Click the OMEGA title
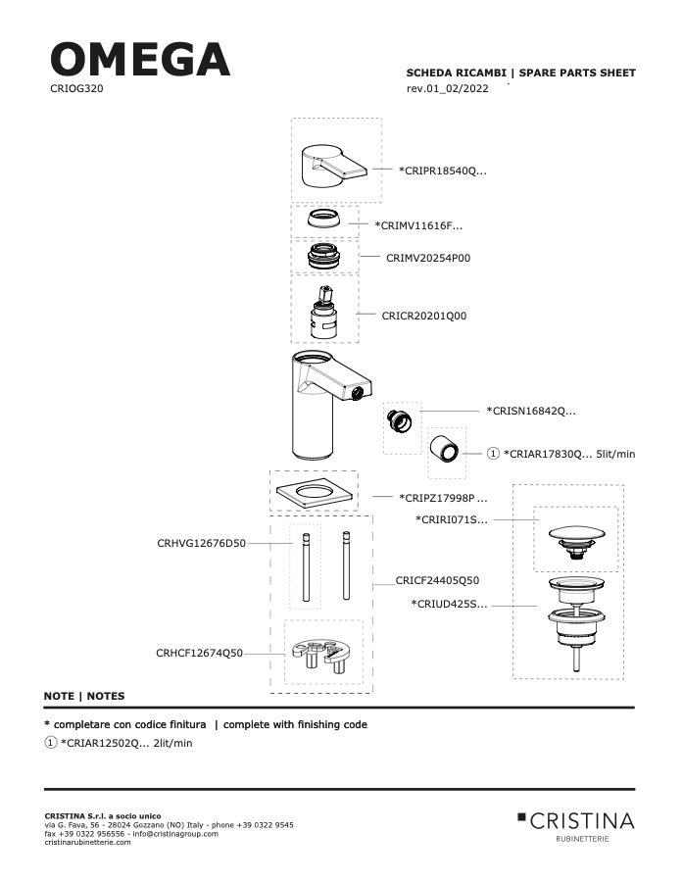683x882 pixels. tap(140, 60)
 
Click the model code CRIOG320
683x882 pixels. tap(76, 88)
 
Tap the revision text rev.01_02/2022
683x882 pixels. tap(447, 88)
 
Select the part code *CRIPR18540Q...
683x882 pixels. tap(443, 171)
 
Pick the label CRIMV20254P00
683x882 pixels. tap(428, 258)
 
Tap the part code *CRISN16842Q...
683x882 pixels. tap(531, 411)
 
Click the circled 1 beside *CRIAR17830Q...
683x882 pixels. tap(493, 454)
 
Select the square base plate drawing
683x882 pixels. tap(315, 493)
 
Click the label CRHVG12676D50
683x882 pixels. tap(202, 543)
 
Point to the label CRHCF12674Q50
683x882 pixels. tap(199, 653)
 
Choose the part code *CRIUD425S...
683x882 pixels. tap(449, 605)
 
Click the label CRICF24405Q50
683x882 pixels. tap(437, 580)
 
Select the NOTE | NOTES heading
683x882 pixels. tap(84, 696)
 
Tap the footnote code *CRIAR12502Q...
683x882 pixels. tap(104, 743)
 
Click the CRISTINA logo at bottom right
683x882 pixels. tap(576, 826)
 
